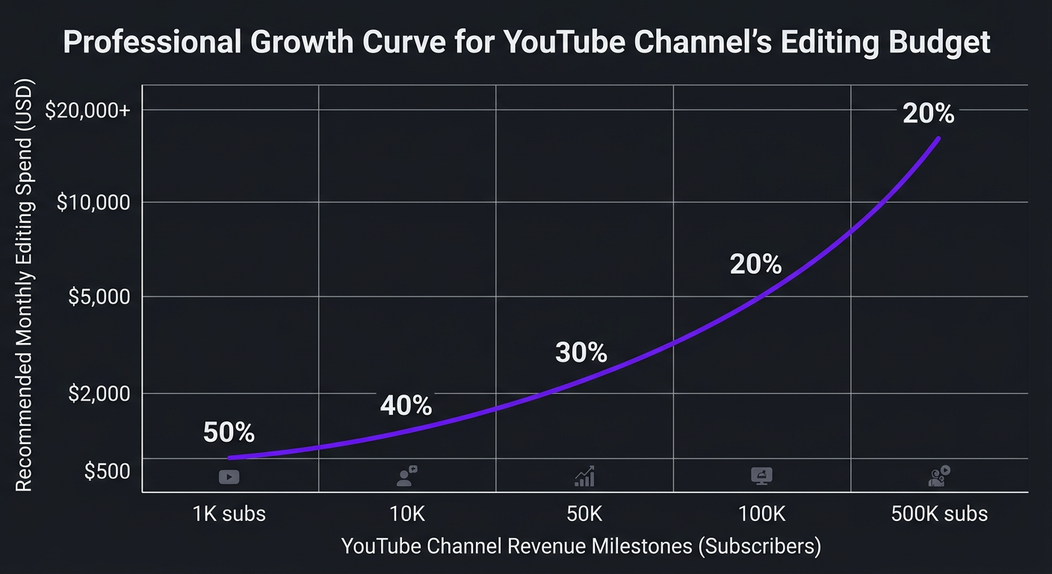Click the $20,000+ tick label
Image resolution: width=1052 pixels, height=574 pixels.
[87, 111]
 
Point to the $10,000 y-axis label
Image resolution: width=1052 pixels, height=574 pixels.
[93, 203]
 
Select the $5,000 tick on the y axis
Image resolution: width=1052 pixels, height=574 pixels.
[99, 297]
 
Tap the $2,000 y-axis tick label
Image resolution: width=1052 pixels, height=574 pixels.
[99, 393]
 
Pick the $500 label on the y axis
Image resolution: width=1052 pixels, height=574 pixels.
[107, 472]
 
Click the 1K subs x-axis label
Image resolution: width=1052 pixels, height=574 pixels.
[229, 514]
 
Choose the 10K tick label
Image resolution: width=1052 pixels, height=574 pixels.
[407, 514]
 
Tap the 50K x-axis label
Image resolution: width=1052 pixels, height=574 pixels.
[584, 514]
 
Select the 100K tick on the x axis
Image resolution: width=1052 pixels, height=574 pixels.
[761, 514]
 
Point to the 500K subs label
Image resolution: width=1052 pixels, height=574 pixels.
[939, 514]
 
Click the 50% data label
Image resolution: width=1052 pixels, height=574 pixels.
[229, 432]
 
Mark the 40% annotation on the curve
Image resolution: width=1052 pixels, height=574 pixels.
[406, 405]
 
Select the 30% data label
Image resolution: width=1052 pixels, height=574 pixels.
[581, 352]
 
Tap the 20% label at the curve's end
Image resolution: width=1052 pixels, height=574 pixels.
[928, 114]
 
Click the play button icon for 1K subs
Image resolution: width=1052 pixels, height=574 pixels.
[229, 477]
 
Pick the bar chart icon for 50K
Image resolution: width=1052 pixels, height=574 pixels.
[584, 476]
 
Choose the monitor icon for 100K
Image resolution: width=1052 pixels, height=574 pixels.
[761, 476]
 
